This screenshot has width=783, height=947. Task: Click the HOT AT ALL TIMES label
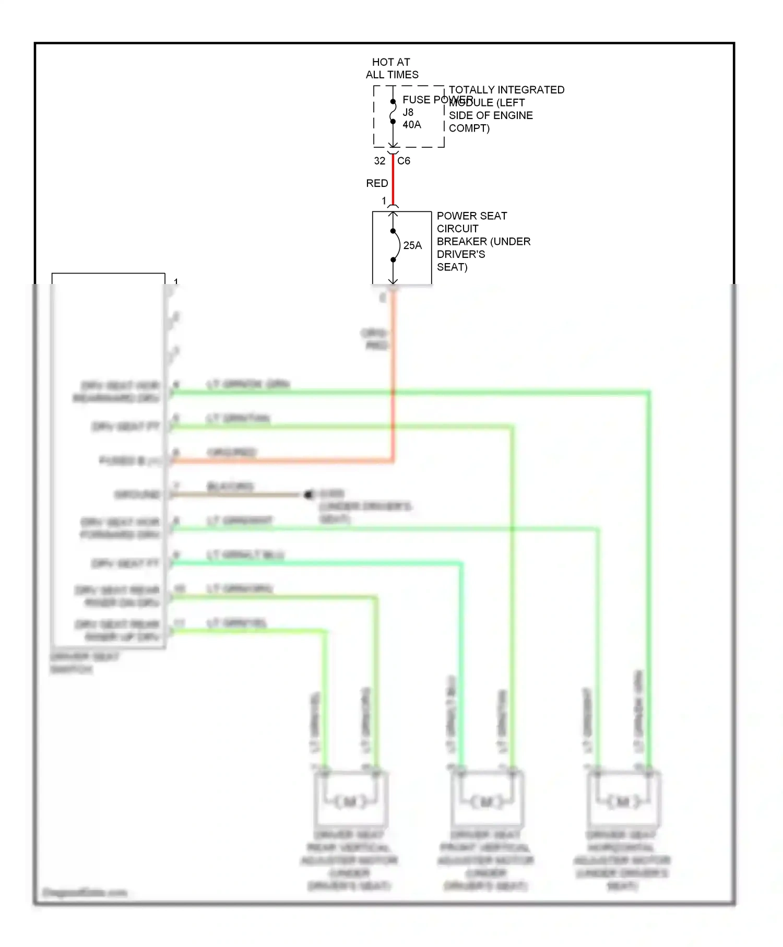click(x=391, y=68)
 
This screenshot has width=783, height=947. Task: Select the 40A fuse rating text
click(x=411, y=125)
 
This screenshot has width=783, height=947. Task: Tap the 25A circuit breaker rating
click(x=412, y=245)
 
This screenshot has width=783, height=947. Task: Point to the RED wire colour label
click(x=377, y=183)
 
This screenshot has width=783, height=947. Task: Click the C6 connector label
click(x=404, y=161)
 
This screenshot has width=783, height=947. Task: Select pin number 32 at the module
click(x=379, y=161)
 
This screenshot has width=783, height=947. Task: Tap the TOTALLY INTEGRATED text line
click(x=506, y=90)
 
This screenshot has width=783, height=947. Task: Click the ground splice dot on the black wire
click(x=308, y=494)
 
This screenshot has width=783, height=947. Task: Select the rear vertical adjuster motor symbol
click(x=350, y=801)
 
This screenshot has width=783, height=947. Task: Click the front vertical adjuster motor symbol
click(x=487, y=801)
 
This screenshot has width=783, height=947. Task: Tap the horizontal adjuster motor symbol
click(x=623, y=801)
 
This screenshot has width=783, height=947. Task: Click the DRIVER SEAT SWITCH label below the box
click(x=85, y=662)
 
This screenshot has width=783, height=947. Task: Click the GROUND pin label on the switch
click(x=137, y=494)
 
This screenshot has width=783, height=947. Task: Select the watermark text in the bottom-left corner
click(x=85, y=892)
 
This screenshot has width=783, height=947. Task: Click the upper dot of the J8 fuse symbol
click(x=393, y=102)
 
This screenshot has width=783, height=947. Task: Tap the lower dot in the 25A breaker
click(x=393, y=259)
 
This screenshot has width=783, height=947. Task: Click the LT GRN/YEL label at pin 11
click(x=236, y=623)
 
